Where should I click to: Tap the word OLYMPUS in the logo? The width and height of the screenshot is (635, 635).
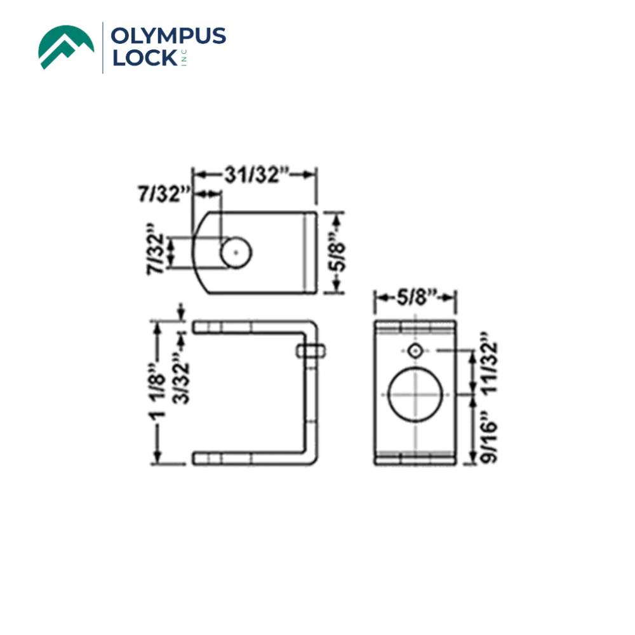tap(168, 36)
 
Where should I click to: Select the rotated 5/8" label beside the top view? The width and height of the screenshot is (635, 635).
tap(337, 253)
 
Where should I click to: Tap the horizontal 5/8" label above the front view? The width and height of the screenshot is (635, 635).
tap(415, 297)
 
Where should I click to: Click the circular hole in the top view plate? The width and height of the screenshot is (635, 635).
tap(236, 253)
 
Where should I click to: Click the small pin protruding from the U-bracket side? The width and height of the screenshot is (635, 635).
tap(311, 351)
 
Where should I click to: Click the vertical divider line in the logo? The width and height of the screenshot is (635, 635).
tap(103, 47)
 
